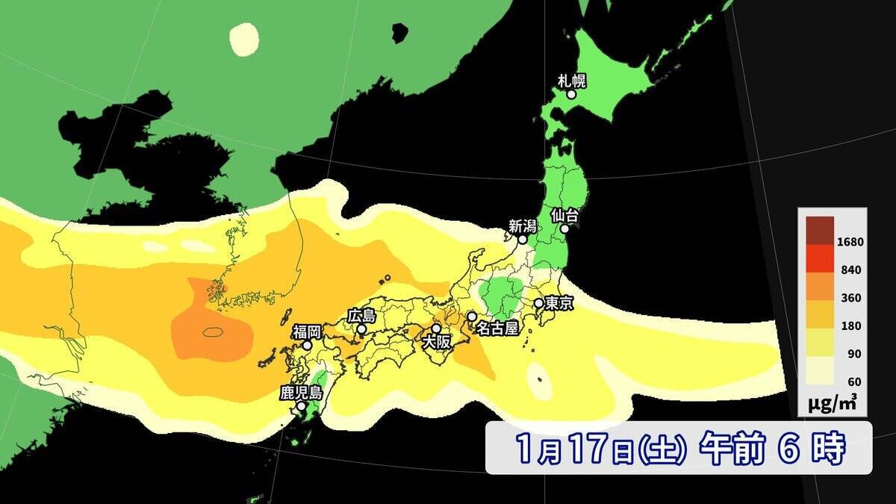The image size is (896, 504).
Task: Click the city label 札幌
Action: pyautogui.click(x=572, y=80)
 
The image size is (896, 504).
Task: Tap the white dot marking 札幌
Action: pyautogui.click(x=571, y=95)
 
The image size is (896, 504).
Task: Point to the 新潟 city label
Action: pyautogui.click(x=522, y=225)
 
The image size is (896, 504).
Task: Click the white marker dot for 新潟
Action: pyautogui.click(x=523, y=240)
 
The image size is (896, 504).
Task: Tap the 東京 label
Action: pyautogui.click(x=559, y=304)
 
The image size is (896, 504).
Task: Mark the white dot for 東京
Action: pyautogui.click(x=538, y=303)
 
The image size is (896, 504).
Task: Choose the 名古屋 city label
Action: pyautogui.click(x=497, y=329)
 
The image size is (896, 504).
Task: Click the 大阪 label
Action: pyautogui.click(x=436, y=343)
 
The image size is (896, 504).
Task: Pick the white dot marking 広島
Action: pyautogui.click(x=361, y=329)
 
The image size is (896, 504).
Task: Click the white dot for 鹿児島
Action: pyautogui.click(x=301, y=407)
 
